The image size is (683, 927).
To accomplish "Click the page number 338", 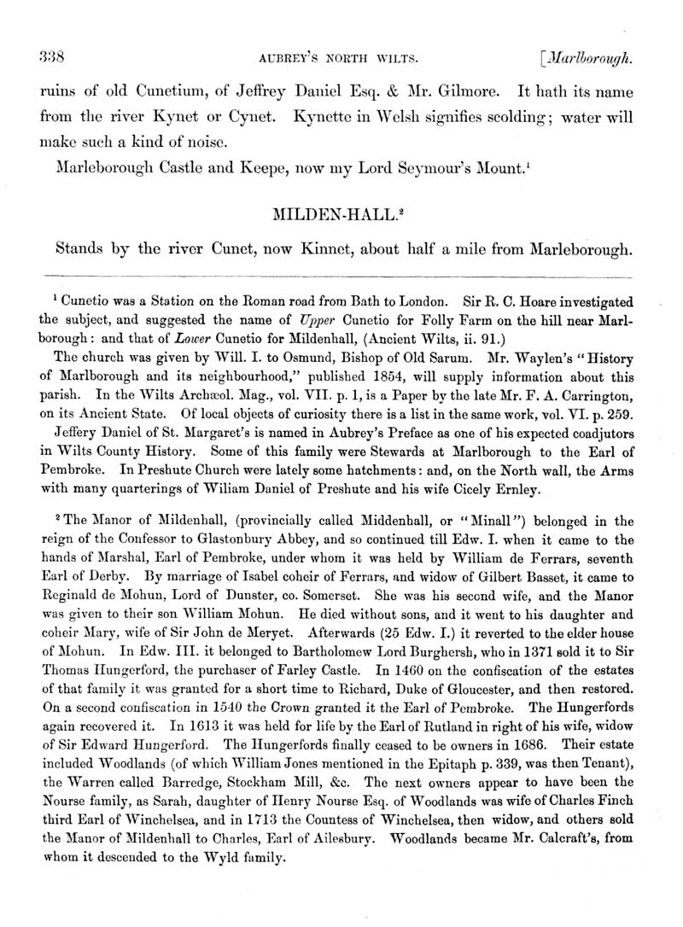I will click(42, 57).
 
